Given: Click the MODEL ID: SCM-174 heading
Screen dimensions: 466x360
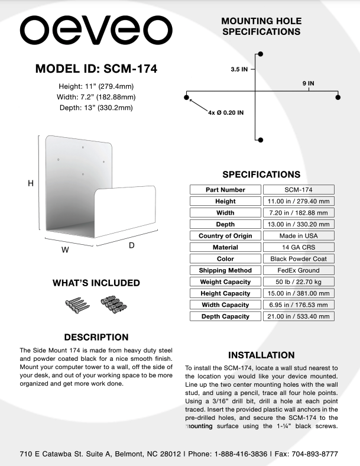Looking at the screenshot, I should click(96, 69).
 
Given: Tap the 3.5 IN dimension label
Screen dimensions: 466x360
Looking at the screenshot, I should click(239, 69).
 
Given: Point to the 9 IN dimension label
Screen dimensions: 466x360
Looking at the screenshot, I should click(308, 83).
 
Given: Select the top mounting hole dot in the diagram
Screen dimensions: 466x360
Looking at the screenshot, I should click(261, 54).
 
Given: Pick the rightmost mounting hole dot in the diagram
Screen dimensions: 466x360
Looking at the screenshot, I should click(338, 96).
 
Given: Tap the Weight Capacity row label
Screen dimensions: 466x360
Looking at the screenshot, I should click(225, 282).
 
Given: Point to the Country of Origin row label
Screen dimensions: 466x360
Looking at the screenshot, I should click(225, 236).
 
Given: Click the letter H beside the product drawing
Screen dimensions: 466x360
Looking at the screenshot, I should click(31, 184).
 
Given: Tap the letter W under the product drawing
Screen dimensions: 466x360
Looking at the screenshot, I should click(66, 250).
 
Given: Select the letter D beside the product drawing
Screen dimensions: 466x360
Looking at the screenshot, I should click(132, 244).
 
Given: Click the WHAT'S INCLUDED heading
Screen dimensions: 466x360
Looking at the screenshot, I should click(96, 283).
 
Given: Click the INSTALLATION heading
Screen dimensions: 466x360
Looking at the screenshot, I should click(261, 355).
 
